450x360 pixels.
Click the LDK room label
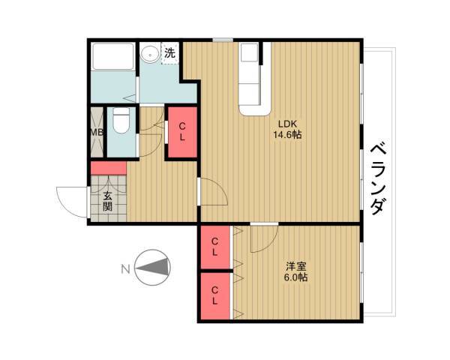[287, 124]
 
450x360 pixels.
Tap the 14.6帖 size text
[287, 134]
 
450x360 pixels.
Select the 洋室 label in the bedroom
[296, 267]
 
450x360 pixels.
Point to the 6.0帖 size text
[296, 277]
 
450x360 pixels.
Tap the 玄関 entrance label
[107, 201]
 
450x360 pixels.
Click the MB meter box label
[97, 133]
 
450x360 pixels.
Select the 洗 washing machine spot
[170, 53]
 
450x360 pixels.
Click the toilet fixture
[121, 120]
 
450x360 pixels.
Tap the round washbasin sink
[149, 54]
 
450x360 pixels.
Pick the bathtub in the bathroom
[112, 56]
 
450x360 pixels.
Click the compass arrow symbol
[153, 268]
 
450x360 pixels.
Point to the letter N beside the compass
[125, 269]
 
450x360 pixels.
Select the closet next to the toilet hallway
[182, 132]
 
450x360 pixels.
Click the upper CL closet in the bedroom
[215, 247]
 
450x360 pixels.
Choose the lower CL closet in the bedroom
[215, 295]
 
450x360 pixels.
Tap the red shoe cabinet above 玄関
[109, 168]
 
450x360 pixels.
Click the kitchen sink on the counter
[249, 52]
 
